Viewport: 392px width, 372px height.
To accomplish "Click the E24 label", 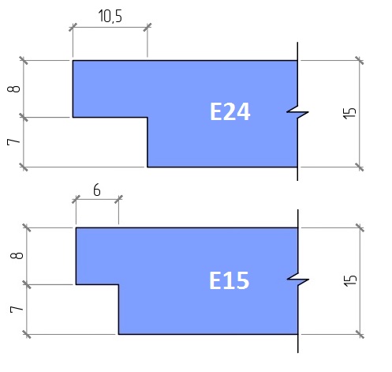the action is click(x=230, y=111).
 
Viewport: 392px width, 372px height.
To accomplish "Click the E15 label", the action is click(x=229, y=280).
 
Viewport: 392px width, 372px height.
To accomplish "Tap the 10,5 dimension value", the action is click(x=110, y=16).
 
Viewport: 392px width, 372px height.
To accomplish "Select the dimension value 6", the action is click(x=97, y=190).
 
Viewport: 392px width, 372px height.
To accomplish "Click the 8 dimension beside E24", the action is click(x=14, y=89).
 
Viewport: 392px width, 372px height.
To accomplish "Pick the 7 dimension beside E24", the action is click(x=13, y=142).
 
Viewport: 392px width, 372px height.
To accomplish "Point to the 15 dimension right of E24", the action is click(x=350, y=113).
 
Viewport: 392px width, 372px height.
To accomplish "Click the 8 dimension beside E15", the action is click(x=17, y=256).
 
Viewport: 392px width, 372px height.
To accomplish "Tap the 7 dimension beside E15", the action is click(x=17, y=310).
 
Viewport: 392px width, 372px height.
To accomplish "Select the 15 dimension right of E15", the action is click(x=350, y=280).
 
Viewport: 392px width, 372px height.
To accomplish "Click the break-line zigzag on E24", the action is click(x=297, y=112).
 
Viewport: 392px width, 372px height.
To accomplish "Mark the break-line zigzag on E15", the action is click(x=297, y=280).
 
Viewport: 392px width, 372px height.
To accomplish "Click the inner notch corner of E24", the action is click(x=147, y=117).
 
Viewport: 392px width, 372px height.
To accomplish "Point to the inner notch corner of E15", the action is click(x=118, y=284).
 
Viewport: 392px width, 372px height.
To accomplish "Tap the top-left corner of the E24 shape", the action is click(x=73, y=61).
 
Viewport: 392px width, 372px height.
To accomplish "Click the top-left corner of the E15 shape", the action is click(x=76, y=227).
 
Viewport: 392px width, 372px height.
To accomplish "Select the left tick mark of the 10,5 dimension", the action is click(x=73, y=27).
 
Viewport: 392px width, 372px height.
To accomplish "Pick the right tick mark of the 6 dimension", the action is click(x=118, y=199).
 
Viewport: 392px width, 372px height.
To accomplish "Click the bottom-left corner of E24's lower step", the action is click(x=147, y=167).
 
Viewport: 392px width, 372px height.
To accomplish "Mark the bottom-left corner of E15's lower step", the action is click(x=118, y=334).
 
